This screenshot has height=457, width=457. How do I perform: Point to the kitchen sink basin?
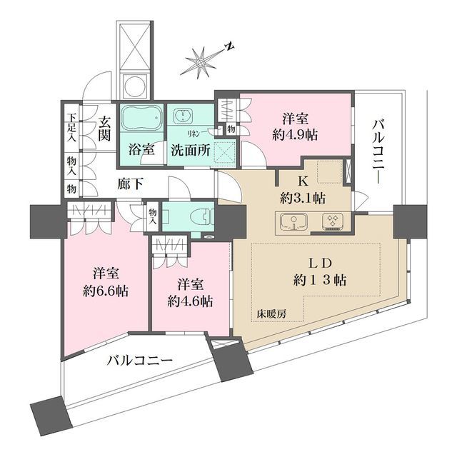(293, 222)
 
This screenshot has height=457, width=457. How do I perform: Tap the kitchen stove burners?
(333, 222)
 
